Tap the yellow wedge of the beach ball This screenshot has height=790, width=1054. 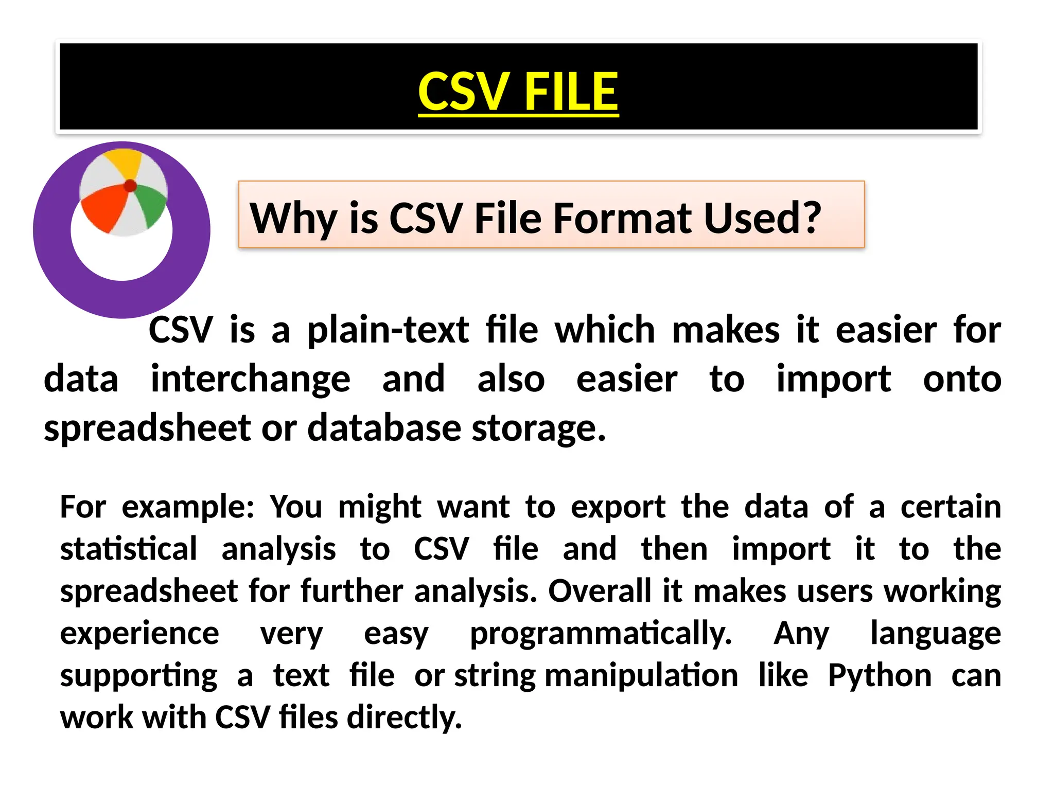[124, 162]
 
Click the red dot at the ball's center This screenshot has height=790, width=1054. [130, 186]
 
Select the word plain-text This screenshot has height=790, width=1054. [388, 330]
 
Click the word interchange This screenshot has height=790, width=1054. [251, 380]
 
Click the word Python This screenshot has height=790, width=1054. [880, 676]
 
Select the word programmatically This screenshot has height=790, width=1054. [601, 634]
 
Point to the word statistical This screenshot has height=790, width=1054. [129, 549]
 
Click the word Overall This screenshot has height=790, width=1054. [600, 591]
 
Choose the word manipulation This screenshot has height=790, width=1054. [641, 676]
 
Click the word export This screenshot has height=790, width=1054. [618, 508]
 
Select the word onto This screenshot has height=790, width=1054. [962, 380]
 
